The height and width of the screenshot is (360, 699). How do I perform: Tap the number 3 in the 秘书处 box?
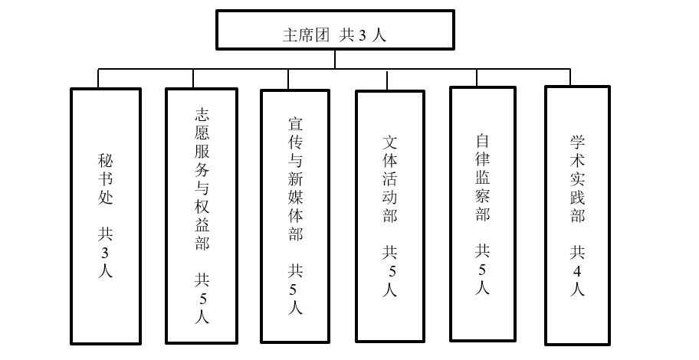click(x=106, y=251)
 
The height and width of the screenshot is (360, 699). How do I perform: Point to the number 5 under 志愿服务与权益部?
click(x=201, y=297)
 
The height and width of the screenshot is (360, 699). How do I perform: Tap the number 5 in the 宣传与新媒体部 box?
click(x=295, y=289)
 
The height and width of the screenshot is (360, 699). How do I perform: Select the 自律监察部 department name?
click(x=483, y=177)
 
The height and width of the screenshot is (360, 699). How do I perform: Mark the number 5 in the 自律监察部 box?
click(x=483, y=269)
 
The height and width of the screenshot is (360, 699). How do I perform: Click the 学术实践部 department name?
click(x=577, y=178)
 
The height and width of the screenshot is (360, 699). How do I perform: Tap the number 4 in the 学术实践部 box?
click(x=577, y=270)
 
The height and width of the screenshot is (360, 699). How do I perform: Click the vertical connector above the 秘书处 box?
click(x=99, y=78)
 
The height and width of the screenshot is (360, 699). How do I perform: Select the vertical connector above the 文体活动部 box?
click(x=382, y=79)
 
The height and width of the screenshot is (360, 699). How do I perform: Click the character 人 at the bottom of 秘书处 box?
click(x=106, y=270)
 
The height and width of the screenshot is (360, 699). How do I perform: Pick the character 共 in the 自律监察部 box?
click(x=483, y=250)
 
